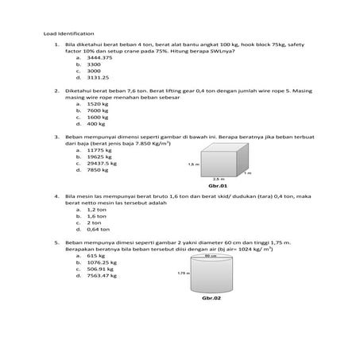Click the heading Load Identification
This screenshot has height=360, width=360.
[69, 34]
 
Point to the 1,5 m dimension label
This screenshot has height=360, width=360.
[192, 164]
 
